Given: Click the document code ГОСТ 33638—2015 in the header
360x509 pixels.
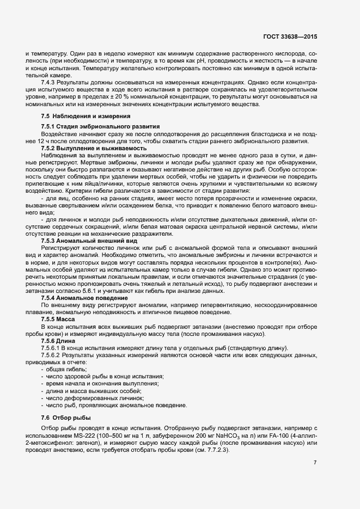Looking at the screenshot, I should [x=289, y=37].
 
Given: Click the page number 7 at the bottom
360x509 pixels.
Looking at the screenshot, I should [x=315, y=462].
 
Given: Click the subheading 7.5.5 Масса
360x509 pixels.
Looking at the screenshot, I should [x=59, y=319].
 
